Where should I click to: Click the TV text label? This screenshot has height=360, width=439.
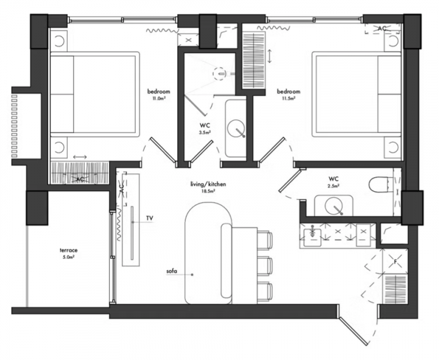[x=150, y=218]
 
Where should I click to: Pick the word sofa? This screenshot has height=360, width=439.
[x=172, y=271]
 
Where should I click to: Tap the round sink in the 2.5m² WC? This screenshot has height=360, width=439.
[x=334, y=206]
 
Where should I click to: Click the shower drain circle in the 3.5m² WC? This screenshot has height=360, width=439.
[x=219, y=74]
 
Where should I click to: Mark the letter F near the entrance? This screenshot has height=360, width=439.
[x=395, y=262]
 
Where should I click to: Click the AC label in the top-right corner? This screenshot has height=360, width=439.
[x=382, y=29]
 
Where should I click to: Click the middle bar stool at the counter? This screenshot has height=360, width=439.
[x=265, y=265]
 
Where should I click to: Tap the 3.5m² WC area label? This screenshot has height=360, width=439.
[x=205, y=128]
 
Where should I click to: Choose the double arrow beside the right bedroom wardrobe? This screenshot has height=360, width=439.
[x=270, y=56]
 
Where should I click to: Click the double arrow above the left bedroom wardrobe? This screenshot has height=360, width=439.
[x=80, y=157]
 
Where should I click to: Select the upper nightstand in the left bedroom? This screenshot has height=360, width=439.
[x=59, y=41]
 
